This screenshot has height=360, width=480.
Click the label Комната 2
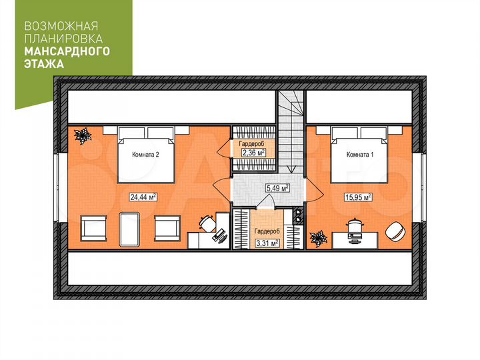(145, 155)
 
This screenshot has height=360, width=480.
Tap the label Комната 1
(360, 155)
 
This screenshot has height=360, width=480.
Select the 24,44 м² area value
(143, 197)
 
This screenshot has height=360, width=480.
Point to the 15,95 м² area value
(358, 197)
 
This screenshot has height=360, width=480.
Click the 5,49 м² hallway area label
(277, 188)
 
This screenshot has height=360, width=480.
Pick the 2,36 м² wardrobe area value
(253, 153)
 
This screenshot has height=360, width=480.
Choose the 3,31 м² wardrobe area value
(267, 243)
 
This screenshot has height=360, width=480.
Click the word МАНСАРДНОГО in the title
(67, 51)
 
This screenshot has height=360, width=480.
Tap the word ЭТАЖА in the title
(44, 64)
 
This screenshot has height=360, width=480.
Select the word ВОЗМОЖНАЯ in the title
(61, 26)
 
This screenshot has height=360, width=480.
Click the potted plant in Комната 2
(83, 135)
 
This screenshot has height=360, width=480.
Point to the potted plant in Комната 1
(319, 239)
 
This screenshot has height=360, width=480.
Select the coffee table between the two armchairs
(129, 229)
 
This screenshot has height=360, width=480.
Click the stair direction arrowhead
(291, 169)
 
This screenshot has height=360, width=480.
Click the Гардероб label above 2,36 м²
(251, 143)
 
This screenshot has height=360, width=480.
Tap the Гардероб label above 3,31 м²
(267, 231)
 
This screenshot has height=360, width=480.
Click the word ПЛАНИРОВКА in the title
(63, 39)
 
